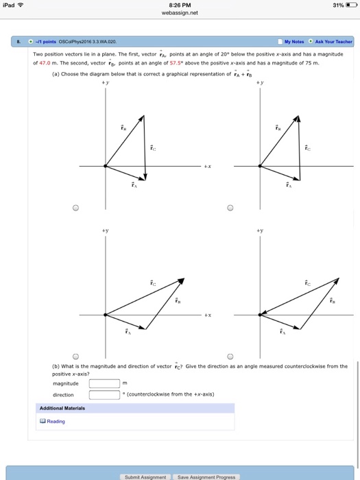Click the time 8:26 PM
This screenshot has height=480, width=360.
click(180, 5)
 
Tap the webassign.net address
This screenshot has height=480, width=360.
click(180, 13)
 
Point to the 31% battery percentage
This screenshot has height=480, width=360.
click(337, 5)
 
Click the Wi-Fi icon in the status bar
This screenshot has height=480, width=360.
click(20, 5)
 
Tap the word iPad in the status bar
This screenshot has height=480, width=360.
click(8, 5)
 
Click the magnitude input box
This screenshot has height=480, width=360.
click(104, 383)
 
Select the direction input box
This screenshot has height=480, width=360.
click(104, 394)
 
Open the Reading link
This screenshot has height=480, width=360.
click(53, 421)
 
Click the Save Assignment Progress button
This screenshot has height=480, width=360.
click(205, 477)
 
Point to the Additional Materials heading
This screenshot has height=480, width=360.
click(62, 408)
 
